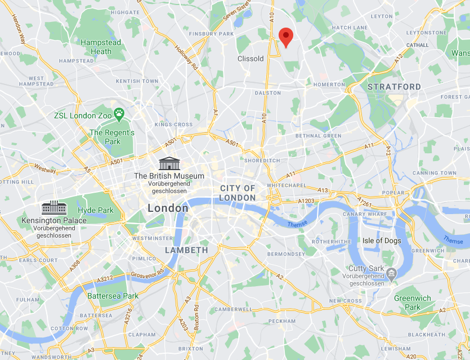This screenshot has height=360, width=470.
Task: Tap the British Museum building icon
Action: [x=169, y=164]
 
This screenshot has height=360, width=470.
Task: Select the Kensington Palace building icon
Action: [x=54, y=207]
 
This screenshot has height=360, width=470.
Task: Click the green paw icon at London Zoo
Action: [x=119, y=115]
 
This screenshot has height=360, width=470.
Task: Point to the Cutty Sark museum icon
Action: [x=391, y=274]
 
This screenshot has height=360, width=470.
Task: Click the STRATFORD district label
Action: [x=394, y=87]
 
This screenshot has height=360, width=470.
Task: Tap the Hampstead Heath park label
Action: [x=101, y=47]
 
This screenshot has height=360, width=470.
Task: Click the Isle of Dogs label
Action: [x=381, y=241]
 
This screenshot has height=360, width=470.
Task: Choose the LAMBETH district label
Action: [x=186, y=250]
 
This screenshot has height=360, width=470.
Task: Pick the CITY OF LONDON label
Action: [x=238, y=193]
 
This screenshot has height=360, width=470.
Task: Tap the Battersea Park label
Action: [x=113, y=296]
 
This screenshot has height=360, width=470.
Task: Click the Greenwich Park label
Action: [x=412, y=303]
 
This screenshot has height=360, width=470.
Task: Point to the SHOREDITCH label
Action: [x=262, y=160]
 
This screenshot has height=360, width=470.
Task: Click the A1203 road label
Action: [x=306, y=201]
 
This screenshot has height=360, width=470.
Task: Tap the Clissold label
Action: [x=250, y=59]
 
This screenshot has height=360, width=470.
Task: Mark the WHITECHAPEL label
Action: [x=287, y=185]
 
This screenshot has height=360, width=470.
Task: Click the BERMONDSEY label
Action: [x=286, y=254]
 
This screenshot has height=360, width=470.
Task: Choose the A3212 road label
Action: [x=105, y=279]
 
